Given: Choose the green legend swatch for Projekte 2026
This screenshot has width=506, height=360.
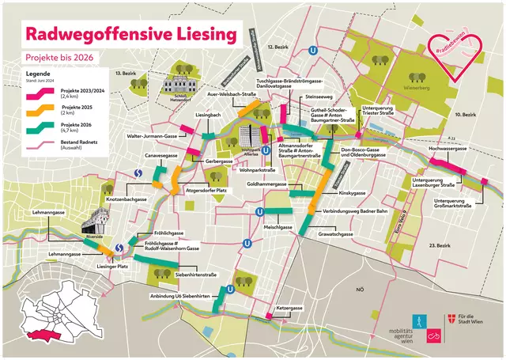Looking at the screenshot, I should coord(36,127).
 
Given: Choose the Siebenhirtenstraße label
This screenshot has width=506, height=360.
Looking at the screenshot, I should coord(195,274).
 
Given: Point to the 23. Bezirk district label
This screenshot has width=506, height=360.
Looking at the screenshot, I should coord(440,247).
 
